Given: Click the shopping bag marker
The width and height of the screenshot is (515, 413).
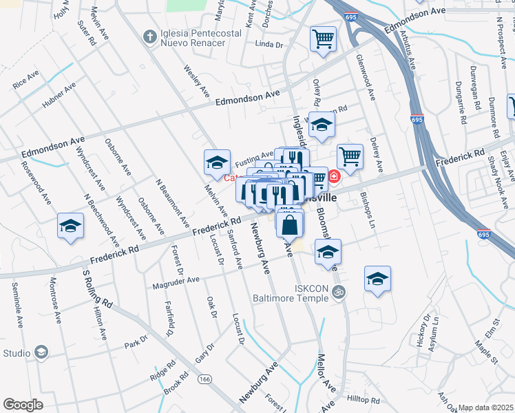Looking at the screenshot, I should (290, 224).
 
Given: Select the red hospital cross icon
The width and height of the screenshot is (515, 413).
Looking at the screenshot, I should (334, 177).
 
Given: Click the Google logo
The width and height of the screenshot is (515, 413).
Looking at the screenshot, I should (23, 404).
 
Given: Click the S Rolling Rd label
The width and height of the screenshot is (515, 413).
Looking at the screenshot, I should (96, 288).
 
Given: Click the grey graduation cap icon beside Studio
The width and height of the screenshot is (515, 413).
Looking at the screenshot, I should (41, 353).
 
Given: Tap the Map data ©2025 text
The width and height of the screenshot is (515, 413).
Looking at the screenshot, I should (486, 407).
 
